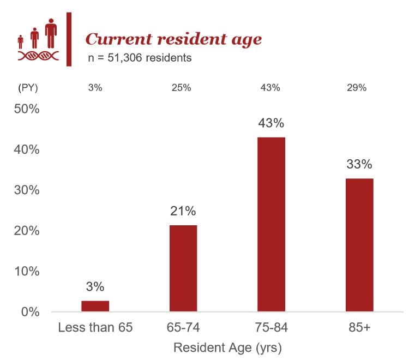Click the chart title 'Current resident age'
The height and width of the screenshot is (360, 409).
point(173,39)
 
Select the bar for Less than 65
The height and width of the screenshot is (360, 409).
point(95,306)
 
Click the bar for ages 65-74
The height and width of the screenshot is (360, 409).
point(183,268)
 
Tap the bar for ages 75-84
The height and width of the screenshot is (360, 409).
point(271,224)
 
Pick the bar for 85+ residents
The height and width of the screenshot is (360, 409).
point(359,245)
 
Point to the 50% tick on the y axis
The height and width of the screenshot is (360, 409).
point(26,109)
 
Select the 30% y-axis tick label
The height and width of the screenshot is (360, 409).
point(26,190)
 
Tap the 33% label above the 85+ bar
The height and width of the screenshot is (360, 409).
point(359,164)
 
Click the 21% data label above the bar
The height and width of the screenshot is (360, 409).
point(183,211)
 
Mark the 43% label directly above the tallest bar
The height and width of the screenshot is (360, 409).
point(271,123)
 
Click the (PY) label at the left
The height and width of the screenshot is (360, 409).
point(28,88)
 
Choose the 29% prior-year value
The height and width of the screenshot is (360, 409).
point(359,88)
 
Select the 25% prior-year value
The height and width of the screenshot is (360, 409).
point(183,88)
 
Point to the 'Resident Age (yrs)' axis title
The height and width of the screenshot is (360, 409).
point(227,347)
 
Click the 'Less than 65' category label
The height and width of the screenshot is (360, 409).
point(95,328)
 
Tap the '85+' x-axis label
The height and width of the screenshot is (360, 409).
point(359,328)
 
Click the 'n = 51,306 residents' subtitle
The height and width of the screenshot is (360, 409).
point(140,58)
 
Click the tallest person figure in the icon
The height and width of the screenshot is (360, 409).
point(51,33)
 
